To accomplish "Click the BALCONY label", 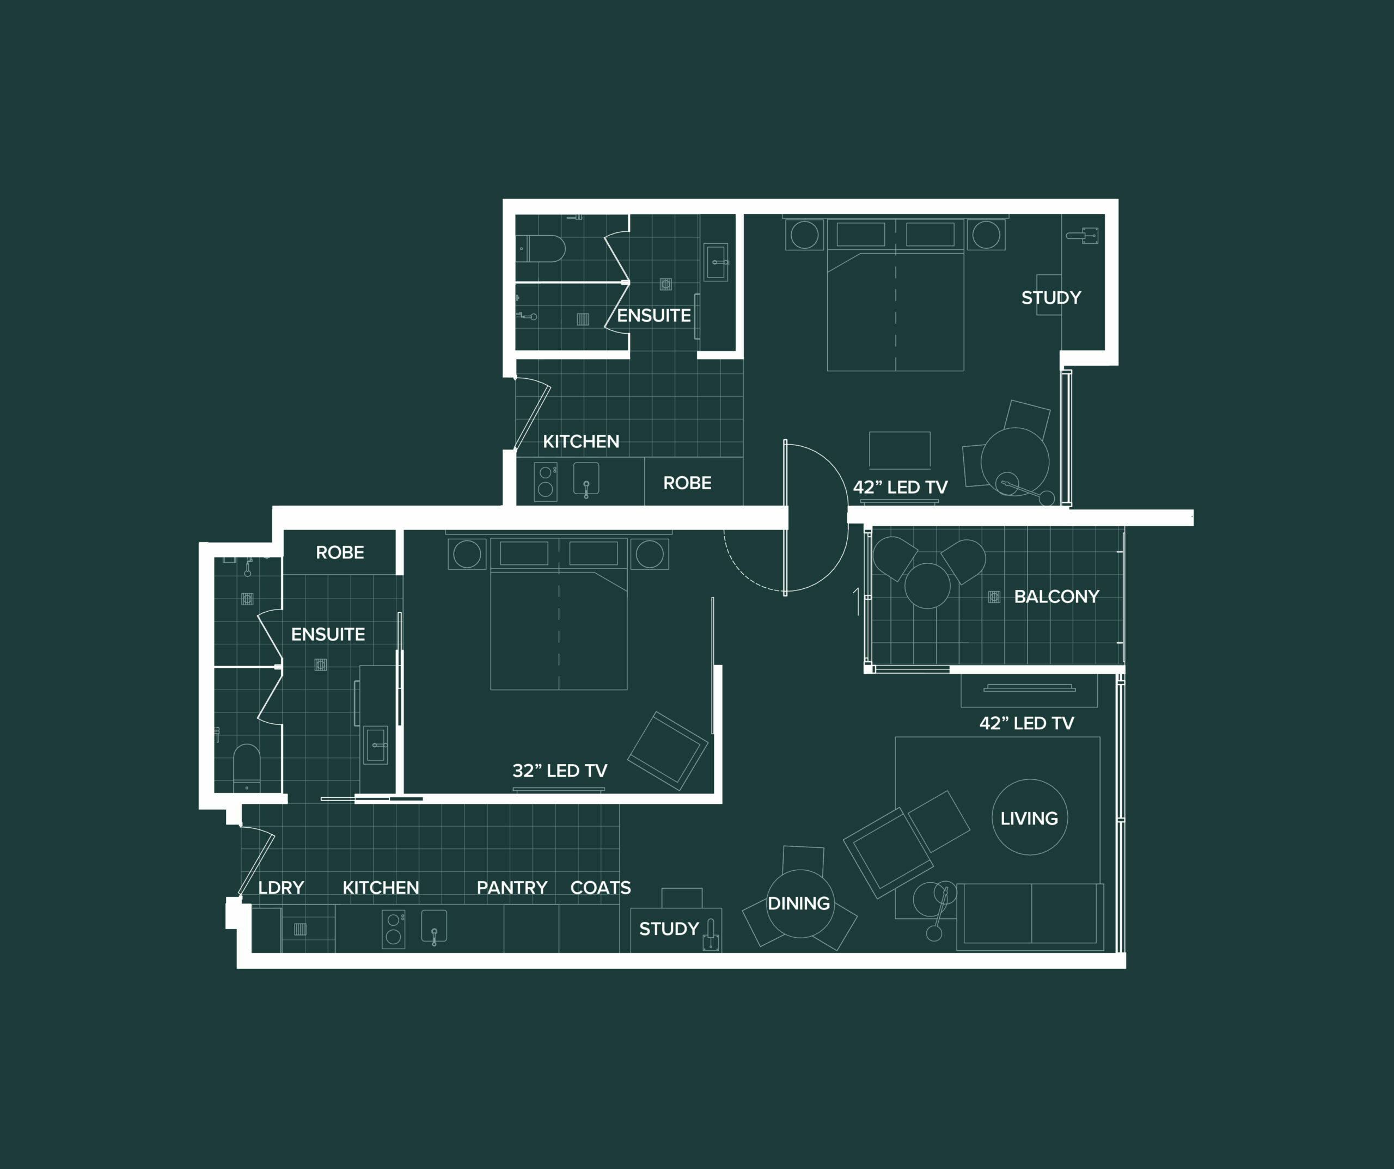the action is click(1056, 596).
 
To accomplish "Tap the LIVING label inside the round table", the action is click(1029, 819).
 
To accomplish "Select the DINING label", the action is click(799, 903).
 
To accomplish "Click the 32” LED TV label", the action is click(560, 770).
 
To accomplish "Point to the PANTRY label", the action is click(512, 888).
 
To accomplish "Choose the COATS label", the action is click(601, 888).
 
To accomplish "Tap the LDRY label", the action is click(281, 888).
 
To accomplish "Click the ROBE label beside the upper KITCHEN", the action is click(687, 483).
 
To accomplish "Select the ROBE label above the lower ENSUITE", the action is click(340, 552).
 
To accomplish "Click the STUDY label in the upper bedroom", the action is click(1051, 298).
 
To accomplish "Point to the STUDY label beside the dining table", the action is click(669, 929).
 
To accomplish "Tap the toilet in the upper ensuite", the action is click(541, 249).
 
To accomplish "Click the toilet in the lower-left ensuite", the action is click(247, 767).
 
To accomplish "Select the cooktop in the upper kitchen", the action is click(546, 482).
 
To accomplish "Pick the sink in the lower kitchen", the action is click(434, 927).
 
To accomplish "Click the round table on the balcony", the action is click(927, 585).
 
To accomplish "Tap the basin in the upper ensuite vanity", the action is click(716, 263).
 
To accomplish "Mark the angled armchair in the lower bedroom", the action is click(668, 750).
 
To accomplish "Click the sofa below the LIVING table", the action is click(1030, 916).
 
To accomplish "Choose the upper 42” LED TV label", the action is click(900, 487).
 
